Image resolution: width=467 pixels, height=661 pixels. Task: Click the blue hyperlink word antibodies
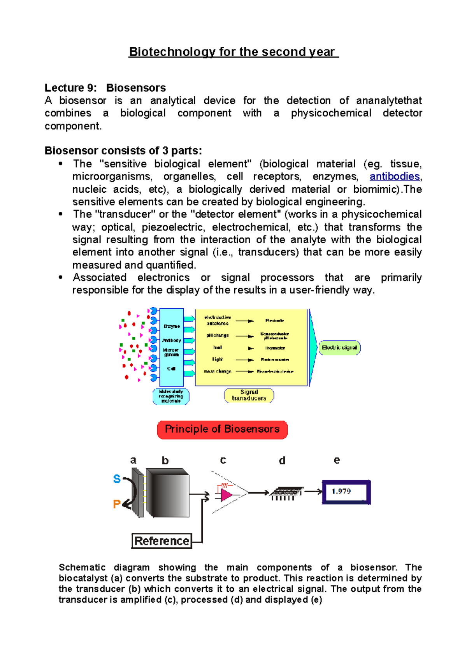click(x=395, y=176)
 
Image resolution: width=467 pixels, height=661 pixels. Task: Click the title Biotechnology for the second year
click(x=233, y=52)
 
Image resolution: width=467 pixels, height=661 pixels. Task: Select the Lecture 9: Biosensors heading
click(x=105, y=88)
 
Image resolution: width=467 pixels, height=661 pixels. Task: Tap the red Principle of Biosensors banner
click(x=222, y=429)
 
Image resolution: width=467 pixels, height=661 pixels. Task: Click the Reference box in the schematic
click(x=162, y=541)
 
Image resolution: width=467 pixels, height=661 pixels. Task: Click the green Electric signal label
click(x=339, y=348)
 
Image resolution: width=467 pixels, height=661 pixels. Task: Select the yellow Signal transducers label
click(x=249, y=395)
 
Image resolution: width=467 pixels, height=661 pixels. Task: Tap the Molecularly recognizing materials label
click(x=171, y=396)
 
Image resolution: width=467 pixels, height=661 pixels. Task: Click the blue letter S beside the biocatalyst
click(x=117, y=479)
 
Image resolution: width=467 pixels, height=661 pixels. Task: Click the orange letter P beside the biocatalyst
click(x=116, y=505)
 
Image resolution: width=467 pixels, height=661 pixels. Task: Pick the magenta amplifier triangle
click(x=226, y=494)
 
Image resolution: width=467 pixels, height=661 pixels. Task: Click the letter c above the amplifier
click(x=223, y=461)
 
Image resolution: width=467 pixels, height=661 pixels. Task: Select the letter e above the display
click(x=337, y=461)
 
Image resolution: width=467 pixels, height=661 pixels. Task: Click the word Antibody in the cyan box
click(x=172, y=340)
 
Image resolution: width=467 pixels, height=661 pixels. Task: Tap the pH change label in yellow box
click(x=218, y=336)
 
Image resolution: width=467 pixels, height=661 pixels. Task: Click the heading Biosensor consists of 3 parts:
click(x=123, y=151)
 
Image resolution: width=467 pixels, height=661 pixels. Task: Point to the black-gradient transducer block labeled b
click(x=168, y=493)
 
